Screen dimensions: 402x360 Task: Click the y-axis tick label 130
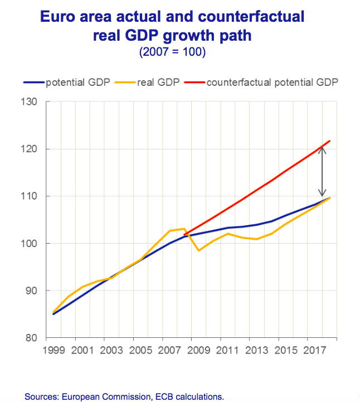point(27,102)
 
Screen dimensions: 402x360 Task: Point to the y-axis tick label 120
point(27,149)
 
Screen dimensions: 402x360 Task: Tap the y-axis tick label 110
point(27,196)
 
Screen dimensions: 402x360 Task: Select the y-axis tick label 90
point(29,290)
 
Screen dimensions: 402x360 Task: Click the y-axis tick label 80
point(29,338)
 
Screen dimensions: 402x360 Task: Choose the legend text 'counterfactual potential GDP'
point(273,83)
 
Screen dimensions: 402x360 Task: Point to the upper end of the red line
point(330,141)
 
